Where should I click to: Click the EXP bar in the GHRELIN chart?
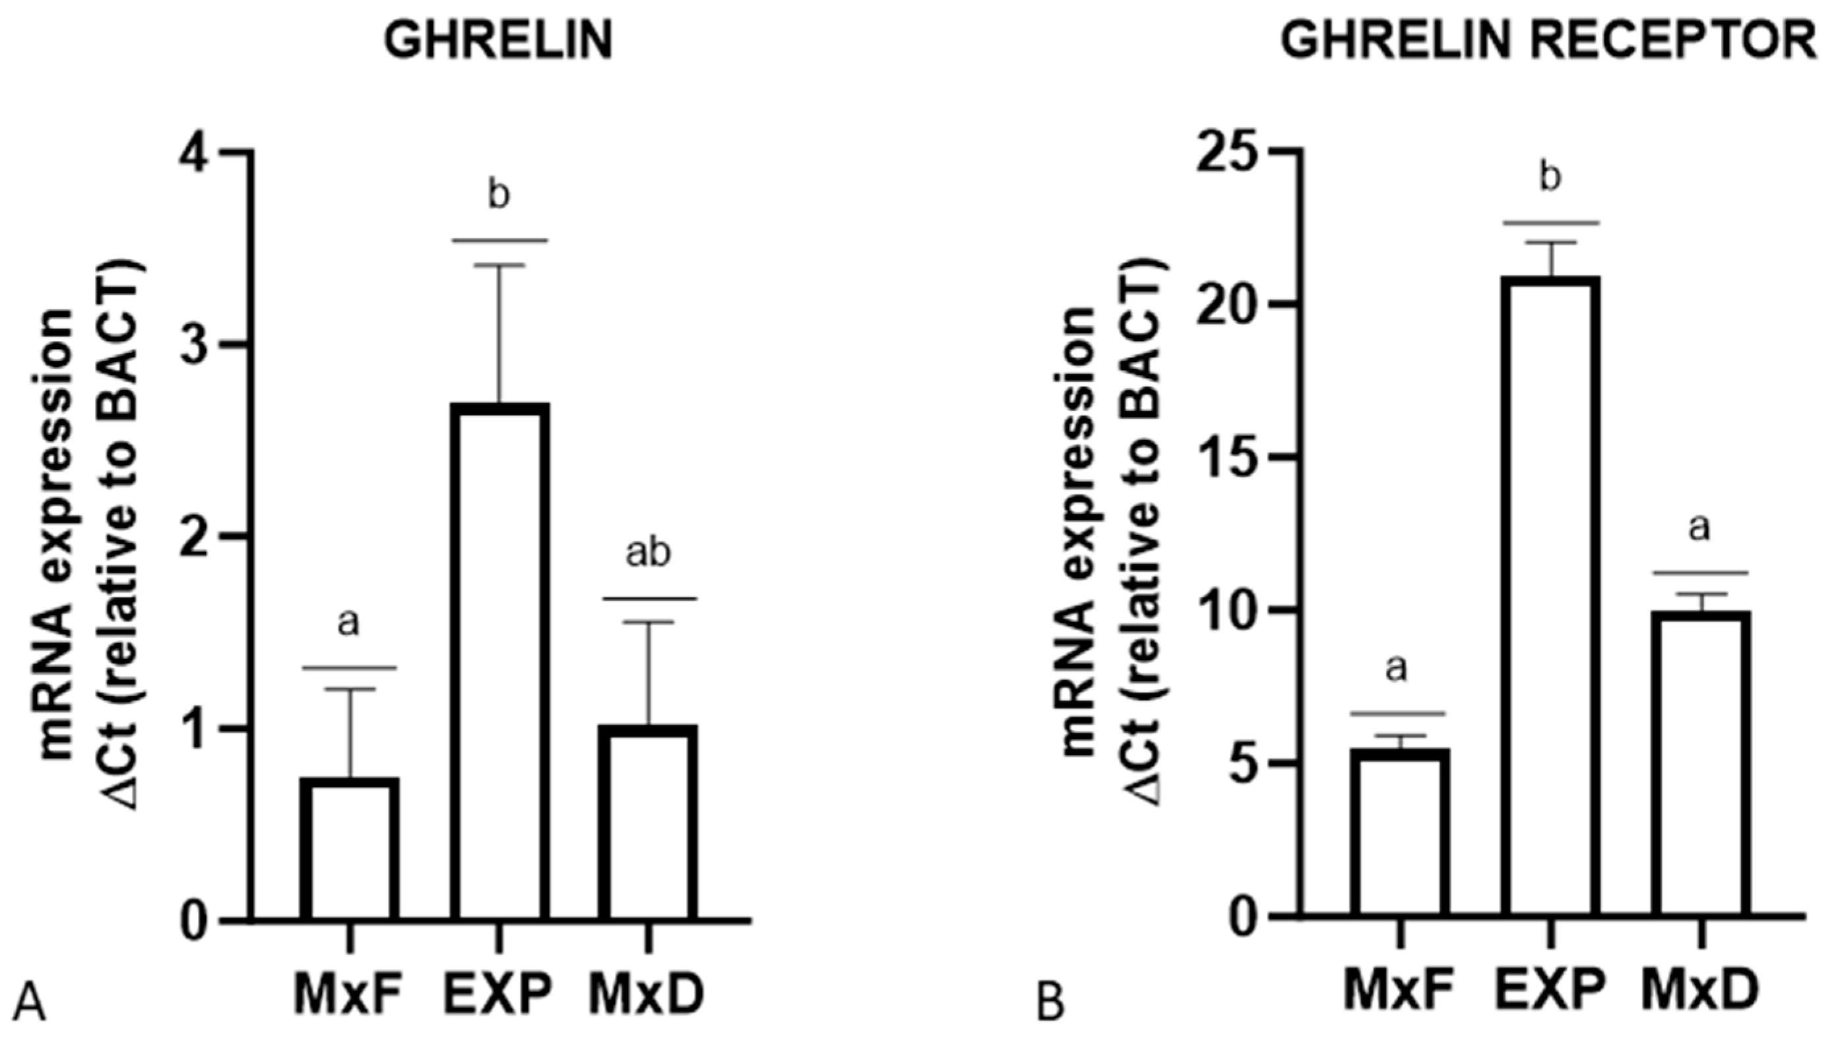click(499, 661)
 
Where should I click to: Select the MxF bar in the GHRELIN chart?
click(350, 849)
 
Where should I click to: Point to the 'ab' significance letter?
click(648, 553)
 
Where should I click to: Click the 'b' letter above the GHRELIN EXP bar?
click(499, 195)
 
